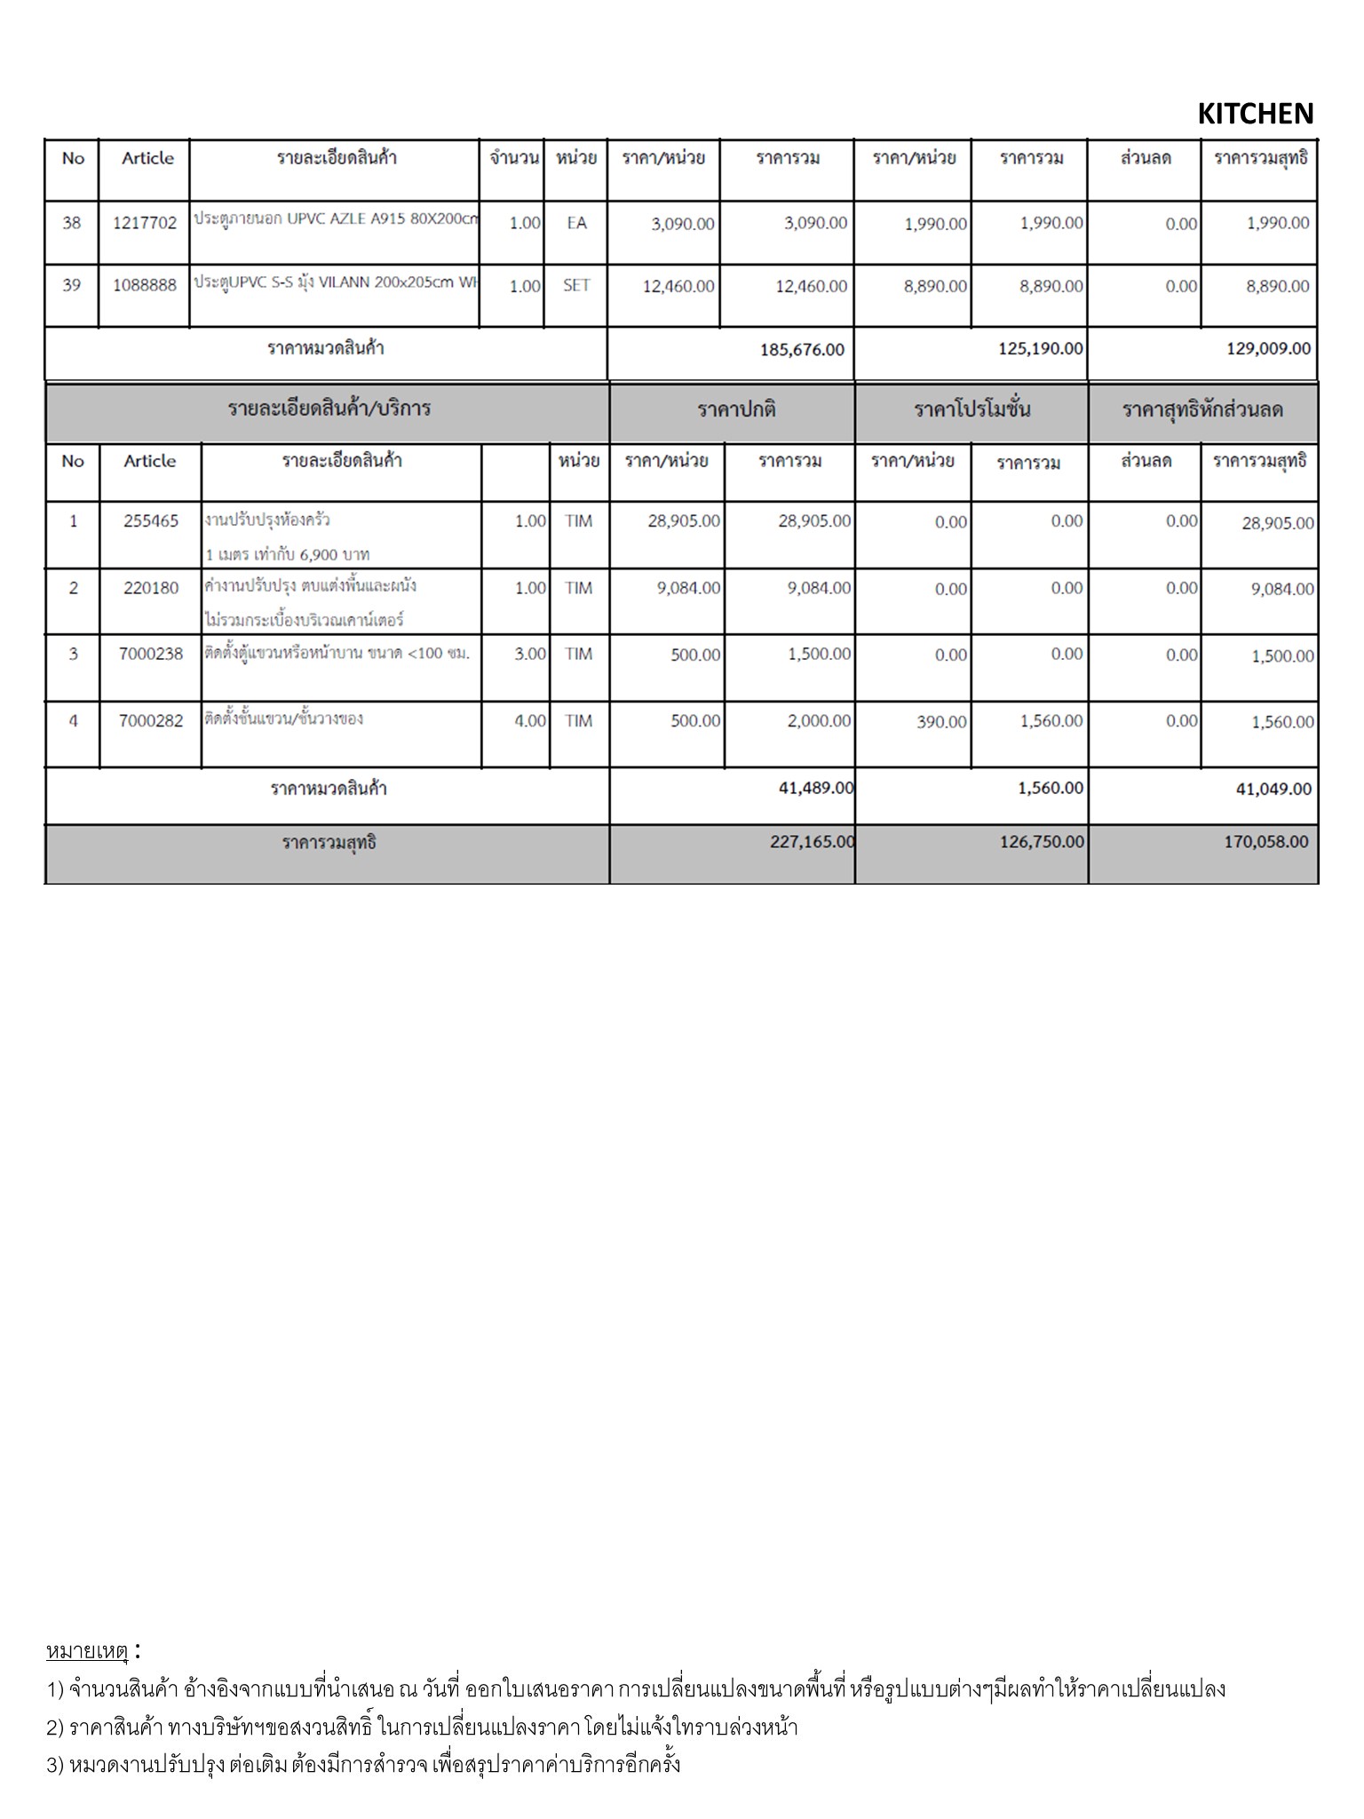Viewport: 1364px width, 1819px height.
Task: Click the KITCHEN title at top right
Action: coord(1255,114)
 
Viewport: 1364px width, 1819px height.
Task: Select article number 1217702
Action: coord(145,223)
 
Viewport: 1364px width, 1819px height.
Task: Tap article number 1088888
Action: coord(145,285)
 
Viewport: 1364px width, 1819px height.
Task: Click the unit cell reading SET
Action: coord(576,286)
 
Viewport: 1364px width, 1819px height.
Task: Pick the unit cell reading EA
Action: coord(576,223)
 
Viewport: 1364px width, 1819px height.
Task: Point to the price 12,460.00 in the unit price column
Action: coord(678,287)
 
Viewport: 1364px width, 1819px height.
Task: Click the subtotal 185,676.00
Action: coord(802,349)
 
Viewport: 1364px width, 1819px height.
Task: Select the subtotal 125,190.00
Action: coord(1040,348)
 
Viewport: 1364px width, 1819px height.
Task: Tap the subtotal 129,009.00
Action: coord(1268,348)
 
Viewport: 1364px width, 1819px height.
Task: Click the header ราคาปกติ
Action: coord(736,409)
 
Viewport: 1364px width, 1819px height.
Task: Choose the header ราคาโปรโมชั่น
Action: coord(972,409)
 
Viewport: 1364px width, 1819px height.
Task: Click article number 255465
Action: coord(151,521)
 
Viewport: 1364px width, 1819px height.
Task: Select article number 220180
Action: coord(151,587)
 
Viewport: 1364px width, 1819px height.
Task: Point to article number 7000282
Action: coord(151,720)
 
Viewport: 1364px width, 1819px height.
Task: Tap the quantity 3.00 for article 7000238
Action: coord(530,655)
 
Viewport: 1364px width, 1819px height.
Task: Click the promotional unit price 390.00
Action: coord(941,722)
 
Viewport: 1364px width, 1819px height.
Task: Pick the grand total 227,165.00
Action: coord(812,841)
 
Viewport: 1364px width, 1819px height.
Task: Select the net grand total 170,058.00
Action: coord(1265,841)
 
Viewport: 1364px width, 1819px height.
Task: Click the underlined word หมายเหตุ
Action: coord(87,1651)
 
